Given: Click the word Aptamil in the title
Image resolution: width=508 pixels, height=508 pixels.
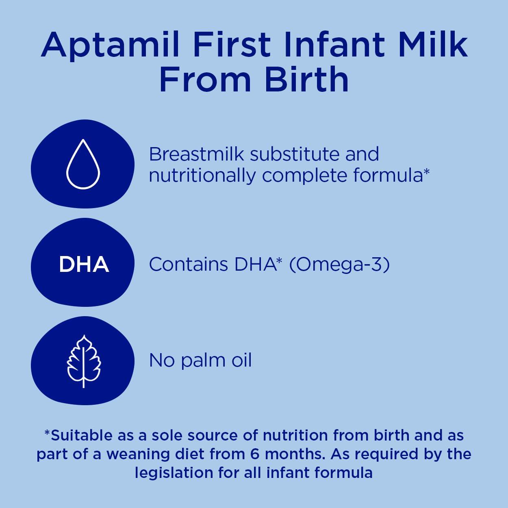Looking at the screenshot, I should pos(110,45).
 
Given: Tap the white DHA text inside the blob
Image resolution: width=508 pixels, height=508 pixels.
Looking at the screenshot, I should pos(84,264).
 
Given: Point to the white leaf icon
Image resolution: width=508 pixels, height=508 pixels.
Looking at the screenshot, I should pos(83,361).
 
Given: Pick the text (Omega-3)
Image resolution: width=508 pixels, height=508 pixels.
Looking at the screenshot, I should pos(339,265).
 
